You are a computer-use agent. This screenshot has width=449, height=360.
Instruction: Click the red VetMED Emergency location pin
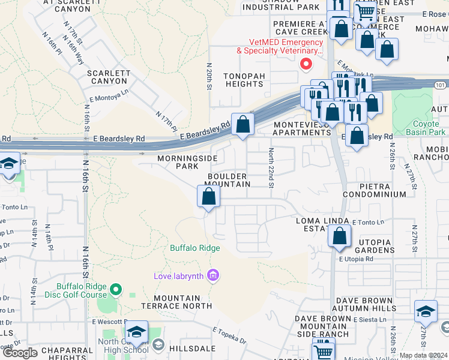(x=306, y=63)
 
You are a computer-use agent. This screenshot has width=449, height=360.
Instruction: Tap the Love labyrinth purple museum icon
(x=212, y=275)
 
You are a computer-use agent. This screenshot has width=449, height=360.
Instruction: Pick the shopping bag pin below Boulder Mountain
(x=208, y=196)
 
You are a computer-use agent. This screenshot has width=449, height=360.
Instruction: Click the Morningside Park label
(x=178, y=163)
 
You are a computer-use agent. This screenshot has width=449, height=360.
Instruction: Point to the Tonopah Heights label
(x=243, y=80)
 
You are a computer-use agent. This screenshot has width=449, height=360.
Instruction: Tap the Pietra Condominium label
(x=375, y=191)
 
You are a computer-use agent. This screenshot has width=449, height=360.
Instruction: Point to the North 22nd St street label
(x=271, y=167)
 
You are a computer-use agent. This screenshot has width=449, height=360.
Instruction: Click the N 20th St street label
(x=209, y=76)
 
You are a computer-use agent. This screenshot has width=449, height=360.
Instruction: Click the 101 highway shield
(x=441, y=85)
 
